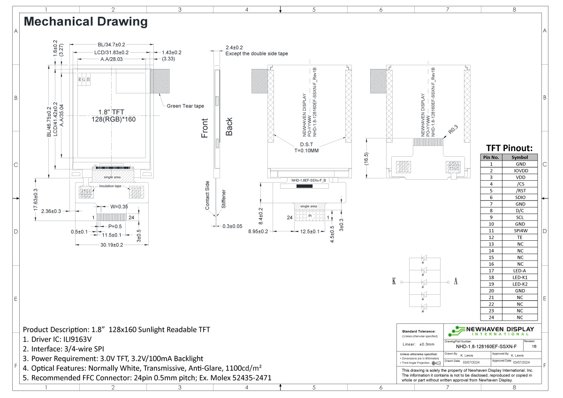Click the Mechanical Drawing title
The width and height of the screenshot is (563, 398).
coord(85,22)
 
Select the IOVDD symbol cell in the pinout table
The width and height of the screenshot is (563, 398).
coord(520,171)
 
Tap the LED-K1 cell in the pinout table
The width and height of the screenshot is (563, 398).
coord(520,277)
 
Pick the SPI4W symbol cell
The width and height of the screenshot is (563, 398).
coord(520,231)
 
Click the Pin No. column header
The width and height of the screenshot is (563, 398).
coord(491,157)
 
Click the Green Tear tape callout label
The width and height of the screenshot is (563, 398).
coord(185,106)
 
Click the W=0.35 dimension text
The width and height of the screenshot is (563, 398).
coord(119,206)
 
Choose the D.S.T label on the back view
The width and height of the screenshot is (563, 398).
coord(306,144)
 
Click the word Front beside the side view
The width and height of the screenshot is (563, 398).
coord(205,128)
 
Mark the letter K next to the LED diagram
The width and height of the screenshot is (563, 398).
coord(394,282)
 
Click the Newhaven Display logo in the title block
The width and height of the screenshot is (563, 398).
coord(491,330)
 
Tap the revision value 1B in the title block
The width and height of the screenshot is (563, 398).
coord(534,346)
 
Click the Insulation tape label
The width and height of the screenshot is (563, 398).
coord(110,186)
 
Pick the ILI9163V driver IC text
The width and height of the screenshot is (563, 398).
coord(74,339)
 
